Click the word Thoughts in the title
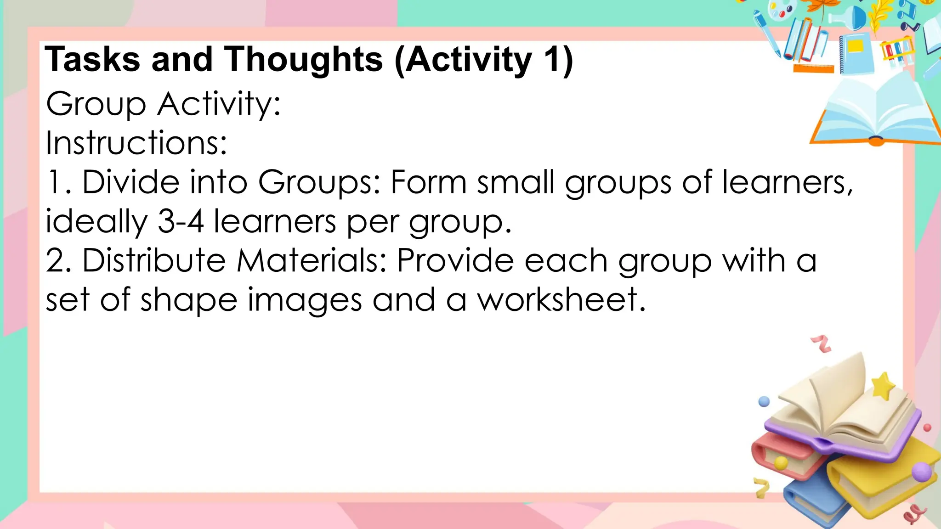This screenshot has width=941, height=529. (303, 60)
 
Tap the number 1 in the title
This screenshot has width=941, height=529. (550, 60)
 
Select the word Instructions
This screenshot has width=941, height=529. (136, 143)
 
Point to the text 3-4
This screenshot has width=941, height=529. (181, 221)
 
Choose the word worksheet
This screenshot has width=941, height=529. (561, 300)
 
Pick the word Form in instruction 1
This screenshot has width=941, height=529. (428, 182)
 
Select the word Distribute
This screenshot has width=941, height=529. (154, 261)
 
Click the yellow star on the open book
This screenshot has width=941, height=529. (883, 386)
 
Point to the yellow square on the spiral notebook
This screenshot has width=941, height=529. (856, 46)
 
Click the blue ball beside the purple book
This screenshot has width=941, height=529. (764, 402)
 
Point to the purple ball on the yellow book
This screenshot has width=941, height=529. (921, 472)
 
